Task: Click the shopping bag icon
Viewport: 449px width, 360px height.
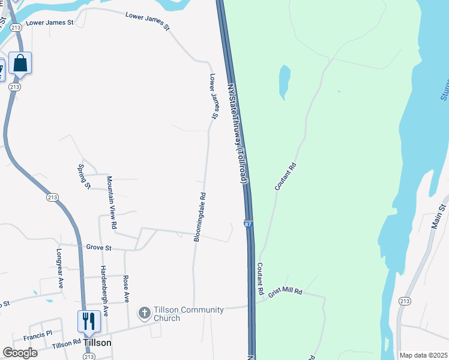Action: (x=20, y=63)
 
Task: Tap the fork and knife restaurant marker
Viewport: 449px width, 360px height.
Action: (x=89, y=321)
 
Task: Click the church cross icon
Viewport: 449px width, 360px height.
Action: (x=144, y=313)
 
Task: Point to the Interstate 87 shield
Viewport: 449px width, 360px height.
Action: (x=248, y=224)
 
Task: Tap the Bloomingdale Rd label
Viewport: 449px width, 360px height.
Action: (x=199, y=217)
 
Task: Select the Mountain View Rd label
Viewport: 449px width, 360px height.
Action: (x=112, y=202)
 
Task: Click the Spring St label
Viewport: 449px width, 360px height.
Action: (x=83, y=176)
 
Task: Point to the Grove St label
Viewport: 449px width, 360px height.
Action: (x=99, y=247)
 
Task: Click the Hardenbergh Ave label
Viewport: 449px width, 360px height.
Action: (x=104, y=291)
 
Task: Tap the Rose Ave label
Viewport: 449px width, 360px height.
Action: (x=126, y=288)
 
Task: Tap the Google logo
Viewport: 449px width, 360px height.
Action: (x=20, y=353)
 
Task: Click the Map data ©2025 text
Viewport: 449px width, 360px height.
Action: (x=423, y=355)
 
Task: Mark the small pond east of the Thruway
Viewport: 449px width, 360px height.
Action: (x=284, y=82)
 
